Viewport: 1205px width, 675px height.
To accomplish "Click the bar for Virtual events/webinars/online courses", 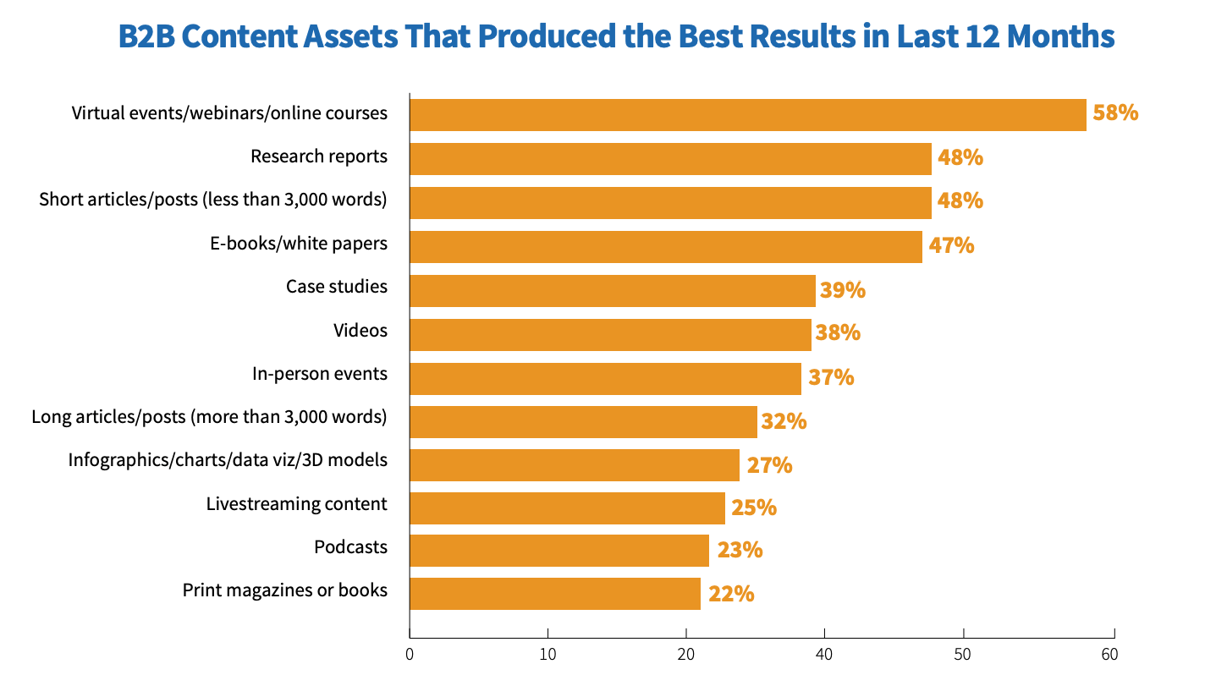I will [x=747, y=115].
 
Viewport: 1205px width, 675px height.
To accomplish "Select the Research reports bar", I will [x=670, y=159].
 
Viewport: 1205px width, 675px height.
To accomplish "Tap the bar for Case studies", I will [x=612, y=291].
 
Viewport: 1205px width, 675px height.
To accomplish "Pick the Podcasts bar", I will [x=558, y=551].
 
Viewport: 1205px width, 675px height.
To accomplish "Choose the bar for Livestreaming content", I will [x=567, y=508].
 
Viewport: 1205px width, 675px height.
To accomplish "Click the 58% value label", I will [x=1115, y=112].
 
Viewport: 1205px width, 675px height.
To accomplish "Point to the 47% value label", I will [x=951, y=246].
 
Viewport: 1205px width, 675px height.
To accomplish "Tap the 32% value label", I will [x=784, y=421].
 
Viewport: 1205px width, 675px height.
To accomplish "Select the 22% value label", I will [x=730, y=594].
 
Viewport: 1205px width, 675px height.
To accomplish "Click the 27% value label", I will [x=768, y=465].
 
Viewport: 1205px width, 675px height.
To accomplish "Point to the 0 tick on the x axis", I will [x=410, y=655].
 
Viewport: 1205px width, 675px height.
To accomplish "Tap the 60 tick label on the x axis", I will [x=1109, y=655].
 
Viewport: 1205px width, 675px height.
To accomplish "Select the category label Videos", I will [x=360, y=330].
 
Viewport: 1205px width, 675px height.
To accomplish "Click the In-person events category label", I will [x=320, y=374].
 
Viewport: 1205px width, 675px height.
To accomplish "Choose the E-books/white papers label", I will [x=299, y=243].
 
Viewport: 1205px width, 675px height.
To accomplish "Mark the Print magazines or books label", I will [x=285, y=590].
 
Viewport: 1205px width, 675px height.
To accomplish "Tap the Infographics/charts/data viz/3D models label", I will [x=228, y=460].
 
